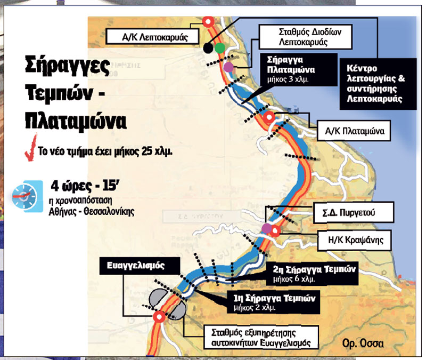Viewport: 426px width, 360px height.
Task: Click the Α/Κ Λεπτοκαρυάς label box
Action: [x=151, y=36]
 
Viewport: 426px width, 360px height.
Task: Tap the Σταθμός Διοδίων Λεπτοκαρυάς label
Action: [x=302, y=36]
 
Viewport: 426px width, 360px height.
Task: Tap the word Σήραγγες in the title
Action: [x=68, y=67]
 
